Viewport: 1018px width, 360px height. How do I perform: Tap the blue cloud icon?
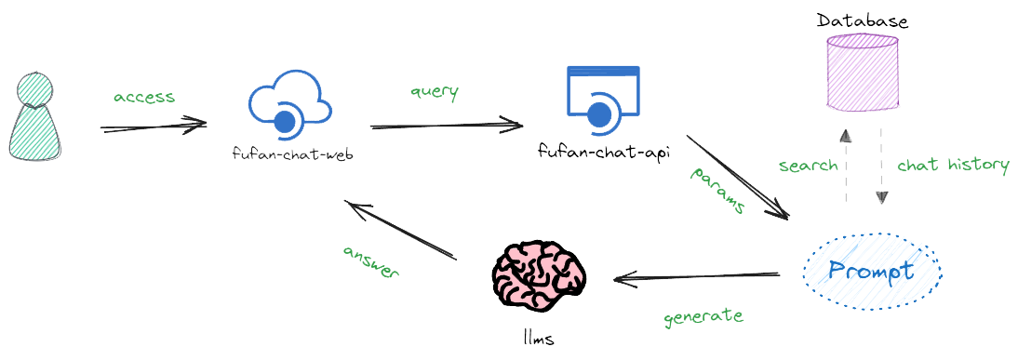click(x=288, y=104)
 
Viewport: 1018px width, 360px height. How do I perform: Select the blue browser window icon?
click(x=603, y=100)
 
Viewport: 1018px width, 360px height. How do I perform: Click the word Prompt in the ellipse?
click(x=871, y=271)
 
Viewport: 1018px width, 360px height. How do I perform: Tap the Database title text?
click(x=863, y=20)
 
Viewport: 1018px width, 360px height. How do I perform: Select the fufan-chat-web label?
click(x=292, y=155)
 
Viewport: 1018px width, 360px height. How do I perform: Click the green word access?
click(x=144, y=98)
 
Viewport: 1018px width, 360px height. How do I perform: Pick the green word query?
click(x=434, y=92)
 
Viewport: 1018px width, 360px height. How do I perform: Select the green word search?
click(x=809, y=166)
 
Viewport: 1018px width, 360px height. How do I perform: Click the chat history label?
click(x=953, y=165)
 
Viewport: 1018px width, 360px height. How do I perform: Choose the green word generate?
click(x=703, y=317)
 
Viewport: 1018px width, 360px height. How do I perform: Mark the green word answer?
click(x=370, y=262)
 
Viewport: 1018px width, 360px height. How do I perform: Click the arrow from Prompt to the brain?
click(x=696, y=278)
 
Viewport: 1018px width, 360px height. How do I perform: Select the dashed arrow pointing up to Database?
click(x=845, y=166)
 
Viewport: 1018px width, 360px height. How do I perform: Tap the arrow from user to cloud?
click(x=154, y=126)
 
